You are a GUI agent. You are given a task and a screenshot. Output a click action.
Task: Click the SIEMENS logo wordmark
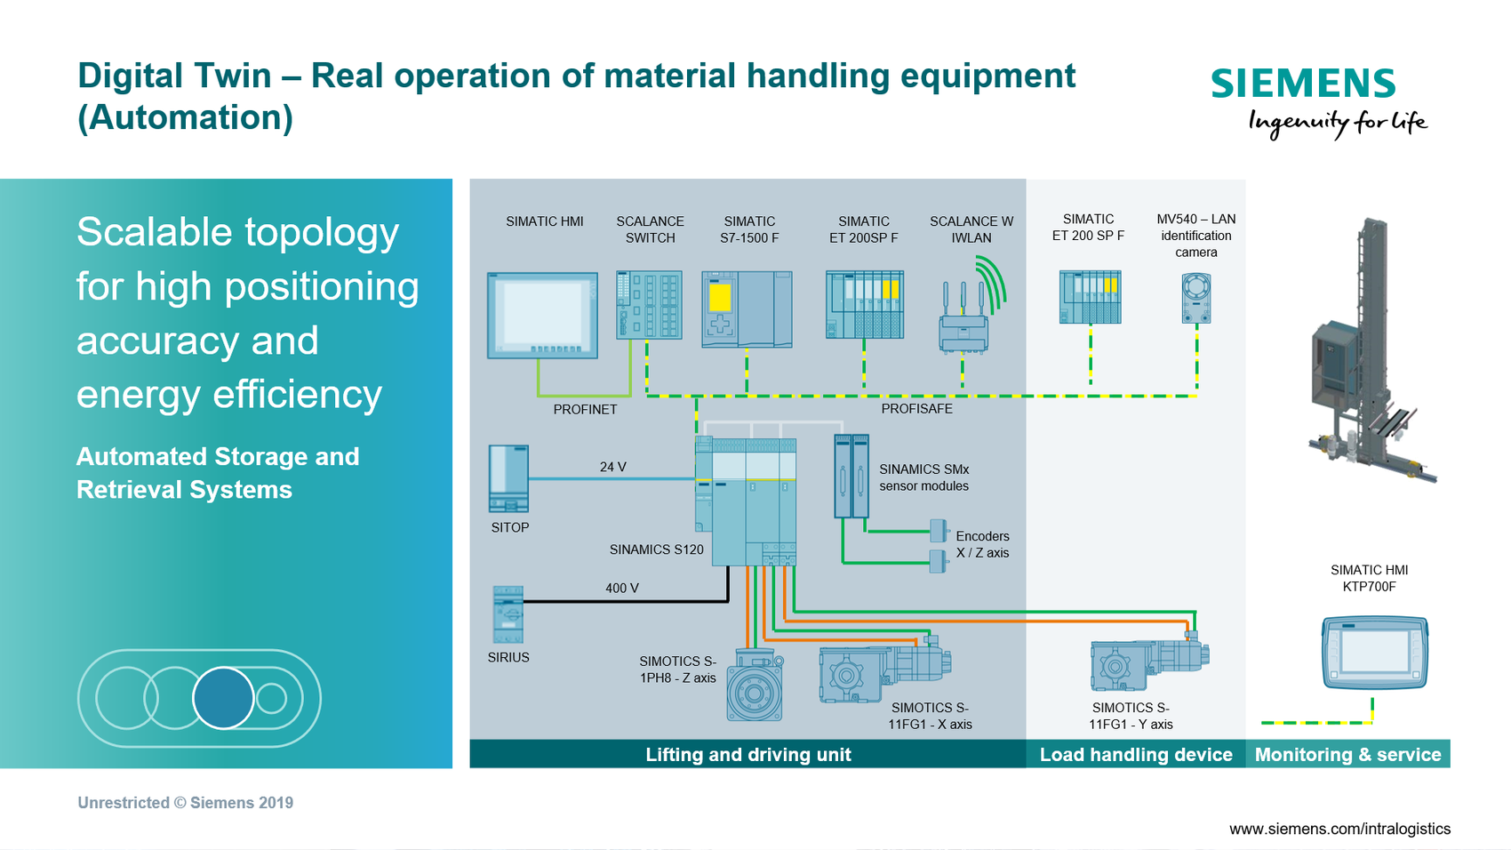tap(1303, 84)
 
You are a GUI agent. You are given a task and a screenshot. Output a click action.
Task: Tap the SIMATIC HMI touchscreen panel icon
tap(542, 315)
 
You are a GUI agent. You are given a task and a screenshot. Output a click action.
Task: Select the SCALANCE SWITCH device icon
tap(649, 305)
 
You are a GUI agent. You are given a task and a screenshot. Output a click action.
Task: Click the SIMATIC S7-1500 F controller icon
tap(747, 309)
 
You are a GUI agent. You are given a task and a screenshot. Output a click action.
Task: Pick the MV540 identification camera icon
tap(1196, 298)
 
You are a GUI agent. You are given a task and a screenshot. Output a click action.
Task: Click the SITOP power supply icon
tap(508, 478)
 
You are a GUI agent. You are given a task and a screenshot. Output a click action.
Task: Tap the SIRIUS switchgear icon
tap(508, 614)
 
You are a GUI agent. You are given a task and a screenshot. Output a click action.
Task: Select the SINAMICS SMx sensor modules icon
tap(851, 476)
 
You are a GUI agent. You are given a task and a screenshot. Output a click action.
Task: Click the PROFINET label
tap(585, 410)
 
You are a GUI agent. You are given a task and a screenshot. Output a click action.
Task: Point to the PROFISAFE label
tap(916, 409)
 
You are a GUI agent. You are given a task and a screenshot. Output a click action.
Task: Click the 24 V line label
tap(612, 467)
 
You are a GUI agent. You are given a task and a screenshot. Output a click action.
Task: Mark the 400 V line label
tap(621, 589)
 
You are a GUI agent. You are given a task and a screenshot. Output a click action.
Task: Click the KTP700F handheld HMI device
tap(1374, 653)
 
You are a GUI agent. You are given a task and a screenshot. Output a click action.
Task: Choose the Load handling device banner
tap(1135, 755)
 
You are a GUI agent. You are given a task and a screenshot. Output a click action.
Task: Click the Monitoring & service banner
tap(1347, 755)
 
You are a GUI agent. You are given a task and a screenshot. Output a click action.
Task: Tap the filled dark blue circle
tap(223, 698)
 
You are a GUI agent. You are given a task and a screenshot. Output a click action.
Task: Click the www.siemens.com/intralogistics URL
tap(1339, 829)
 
